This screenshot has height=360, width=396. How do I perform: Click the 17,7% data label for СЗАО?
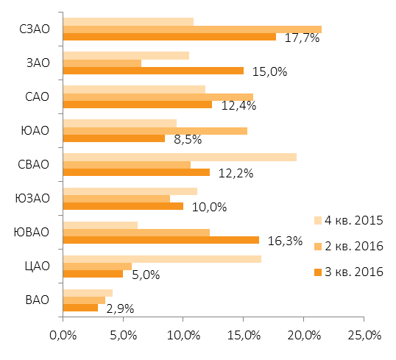click(x=302, y=38)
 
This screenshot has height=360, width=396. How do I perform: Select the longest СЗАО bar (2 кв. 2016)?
click(x=192, y=29)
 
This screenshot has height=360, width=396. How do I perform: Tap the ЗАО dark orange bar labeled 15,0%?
click(x=153, y=71)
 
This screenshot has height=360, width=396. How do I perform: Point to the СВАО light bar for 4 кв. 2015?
click(x=180, y=157)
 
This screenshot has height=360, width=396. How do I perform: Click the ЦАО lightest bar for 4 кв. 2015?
click(x=162, y=259)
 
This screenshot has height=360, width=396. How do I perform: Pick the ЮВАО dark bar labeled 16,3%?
click(x=161, y=240)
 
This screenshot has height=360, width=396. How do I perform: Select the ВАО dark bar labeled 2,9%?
click(x=80, y=308)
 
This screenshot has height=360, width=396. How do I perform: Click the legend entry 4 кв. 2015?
click(x=348, y=220)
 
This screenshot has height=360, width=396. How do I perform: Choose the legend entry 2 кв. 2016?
click(x=348, y=246)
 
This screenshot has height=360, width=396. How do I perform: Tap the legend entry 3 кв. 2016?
click(x=348, y=272)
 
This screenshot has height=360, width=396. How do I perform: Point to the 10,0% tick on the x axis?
click(x=183, y=336)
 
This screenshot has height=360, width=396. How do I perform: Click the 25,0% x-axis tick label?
click(x=364, y=336)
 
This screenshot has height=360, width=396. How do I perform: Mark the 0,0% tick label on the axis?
click(x=63, y=336)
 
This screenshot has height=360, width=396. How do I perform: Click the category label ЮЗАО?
click(x=32, y=198)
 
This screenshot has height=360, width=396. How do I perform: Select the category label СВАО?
click(x=33, y=164)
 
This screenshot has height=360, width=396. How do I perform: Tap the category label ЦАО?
click(x=37, y=267)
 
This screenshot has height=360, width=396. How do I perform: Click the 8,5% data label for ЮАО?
click(x=188, y=139)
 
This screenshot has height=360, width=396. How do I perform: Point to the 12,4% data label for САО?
click(x=238, y=105)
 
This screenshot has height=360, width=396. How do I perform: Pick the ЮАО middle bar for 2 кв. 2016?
click(x=155, y=131)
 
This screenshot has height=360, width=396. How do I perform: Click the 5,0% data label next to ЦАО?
click(x=146, y=275)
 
